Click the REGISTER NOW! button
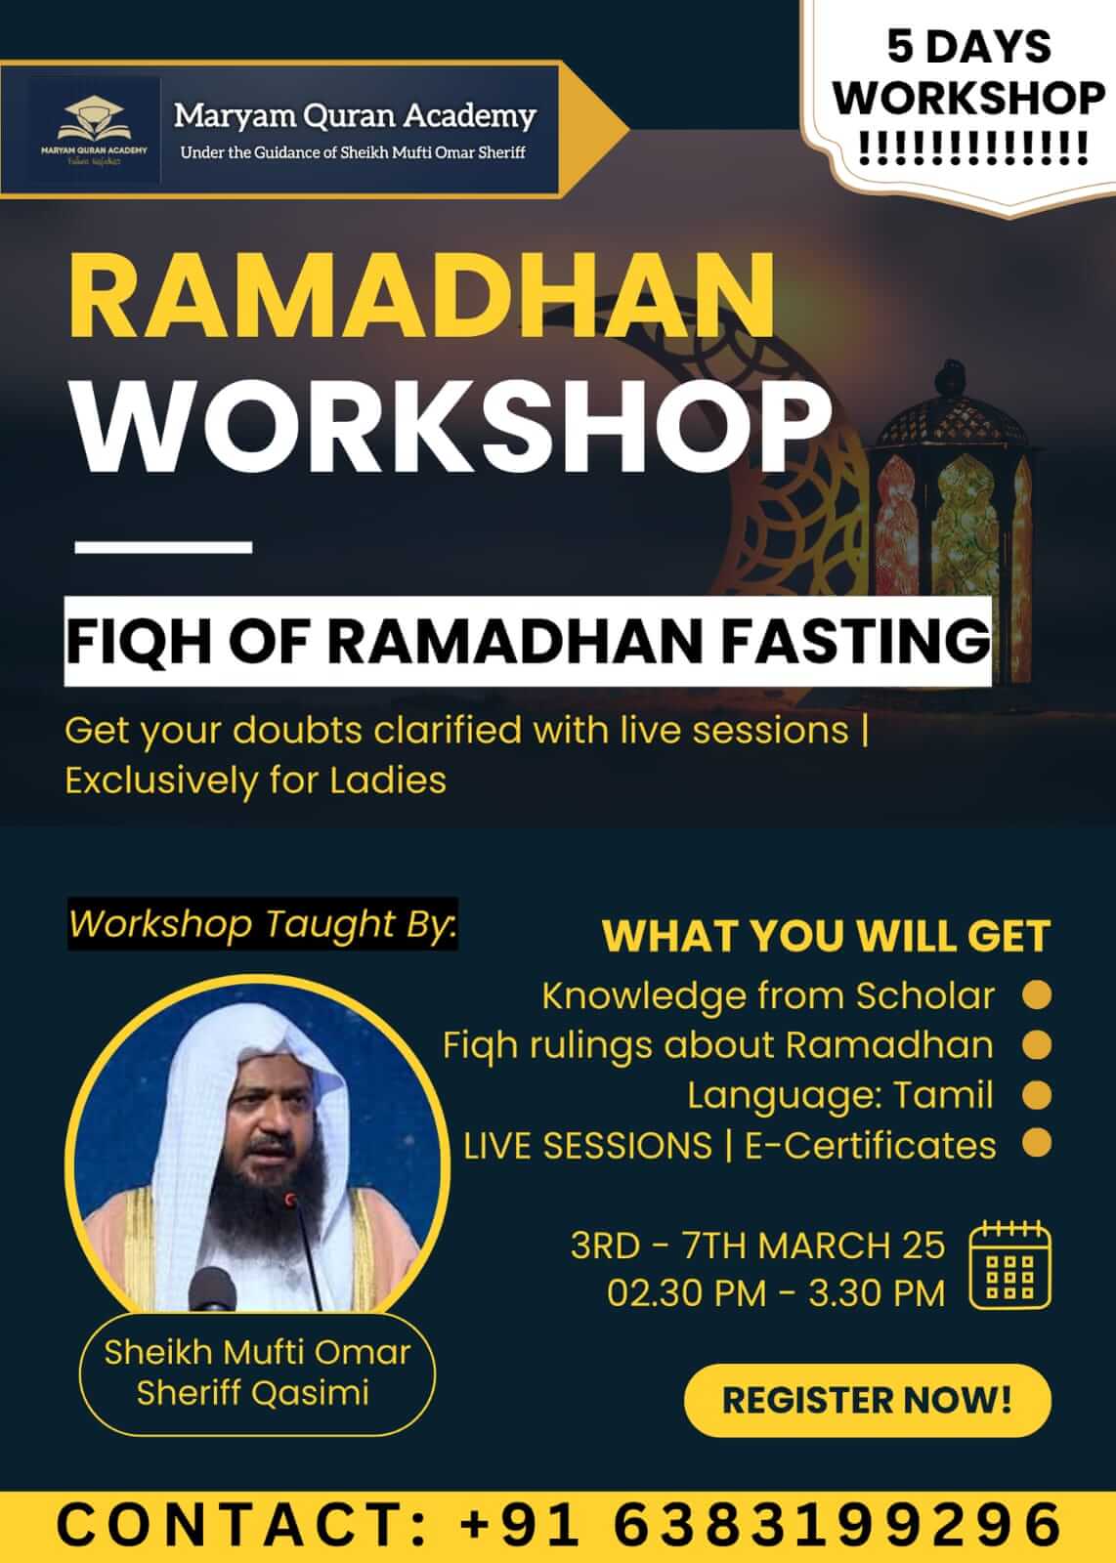(868, 1400)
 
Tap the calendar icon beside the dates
(1009, 1265)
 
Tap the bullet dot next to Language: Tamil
(1037, 1095)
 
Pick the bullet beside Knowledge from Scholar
(1037, 995)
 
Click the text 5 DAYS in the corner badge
(969, 47)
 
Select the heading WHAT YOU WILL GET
(827, 936)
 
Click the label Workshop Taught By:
(263, 924)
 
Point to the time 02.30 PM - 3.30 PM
(776, 1293)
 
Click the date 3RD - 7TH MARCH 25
(758, 1246)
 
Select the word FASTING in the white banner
(856, 641)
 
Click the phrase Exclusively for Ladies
(255, 781)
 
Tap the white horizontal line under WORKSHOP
(163, 547)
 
